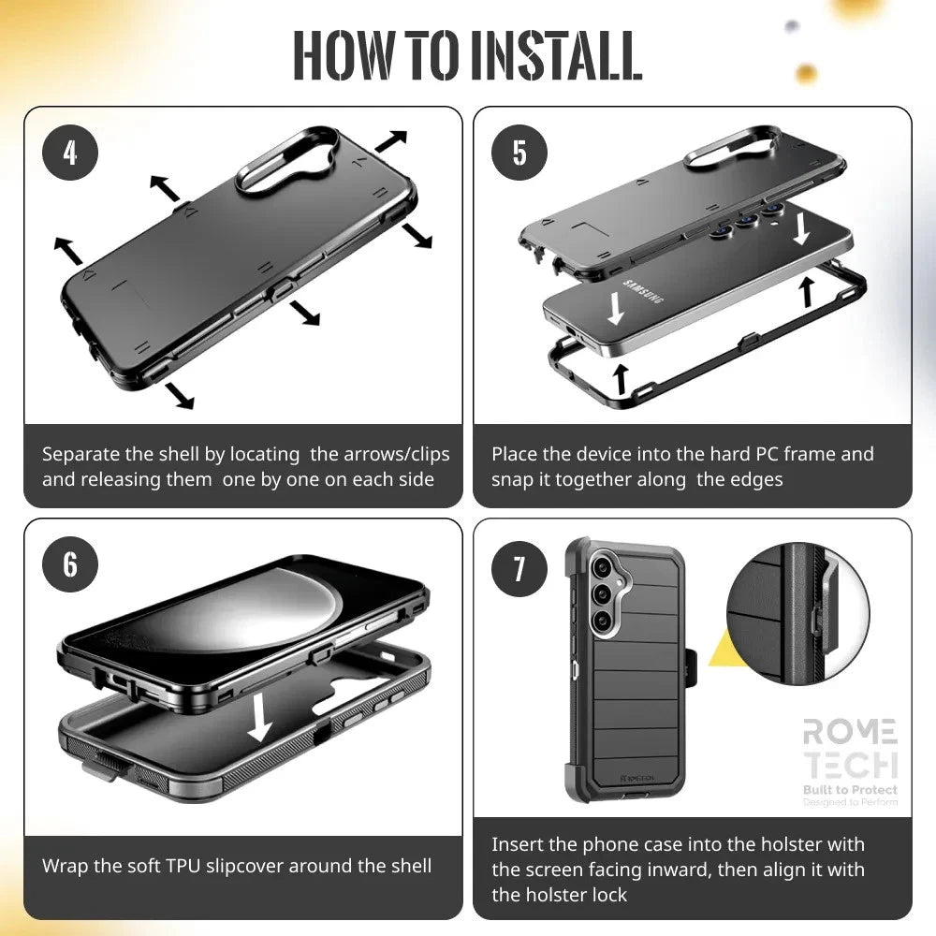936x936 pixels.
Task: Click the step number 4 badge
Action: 70,153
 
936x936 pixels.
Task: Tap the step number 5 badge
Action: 519,153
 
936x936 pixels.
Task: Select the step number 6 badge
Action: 70,564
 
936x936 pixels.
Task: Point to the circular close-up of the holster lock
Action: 797,611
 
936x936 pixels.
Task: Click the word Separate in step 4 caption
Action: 80,455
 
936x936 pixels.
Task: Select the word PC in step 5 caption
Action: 767,455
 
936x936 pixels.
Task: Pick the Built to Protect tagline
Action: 849,790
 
